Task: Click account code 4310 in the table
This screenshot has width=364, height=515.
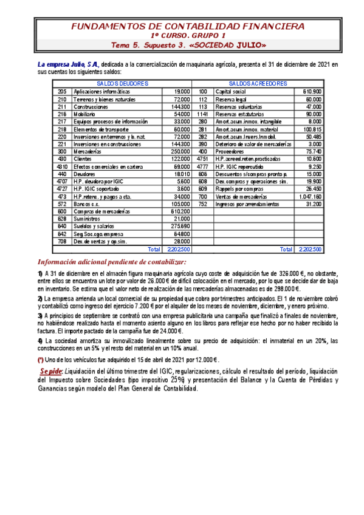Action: click(61, 166)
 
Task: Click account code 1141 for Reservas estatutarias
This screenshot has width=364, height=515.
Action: click(203, 114)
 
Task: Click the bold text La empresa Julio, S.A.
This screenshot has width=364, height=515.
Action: click(68, 64)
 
